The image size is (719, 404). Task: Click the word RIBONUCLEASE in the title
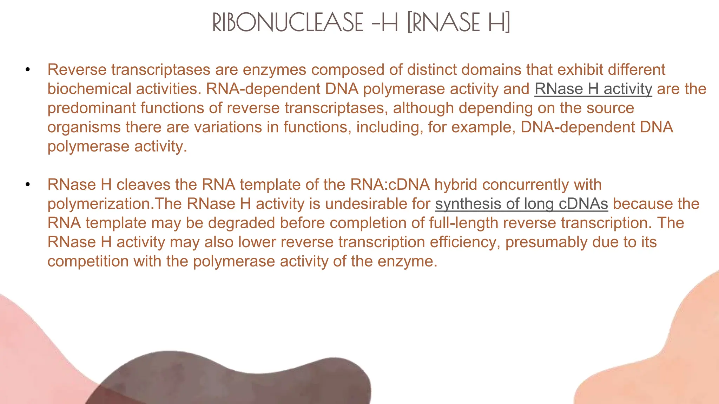point(288,22)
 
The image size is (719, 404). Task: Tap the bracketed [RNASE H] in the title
point(459,22)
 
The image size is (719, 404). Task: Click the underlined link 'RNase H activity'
point(593,89)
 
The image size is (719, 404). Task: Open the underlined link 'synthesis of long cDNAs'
point(521,204)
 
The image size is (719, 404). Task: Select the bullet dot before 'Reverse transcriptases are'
point(28,69)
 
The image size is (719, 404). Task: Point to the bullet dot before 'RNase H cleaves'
point(28,184)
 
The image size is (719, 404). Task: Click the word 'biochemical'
point(89,89)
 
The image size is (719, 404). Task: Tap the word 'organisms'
point(84,127)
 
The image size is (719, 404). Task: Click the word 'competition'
point(88,261)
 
